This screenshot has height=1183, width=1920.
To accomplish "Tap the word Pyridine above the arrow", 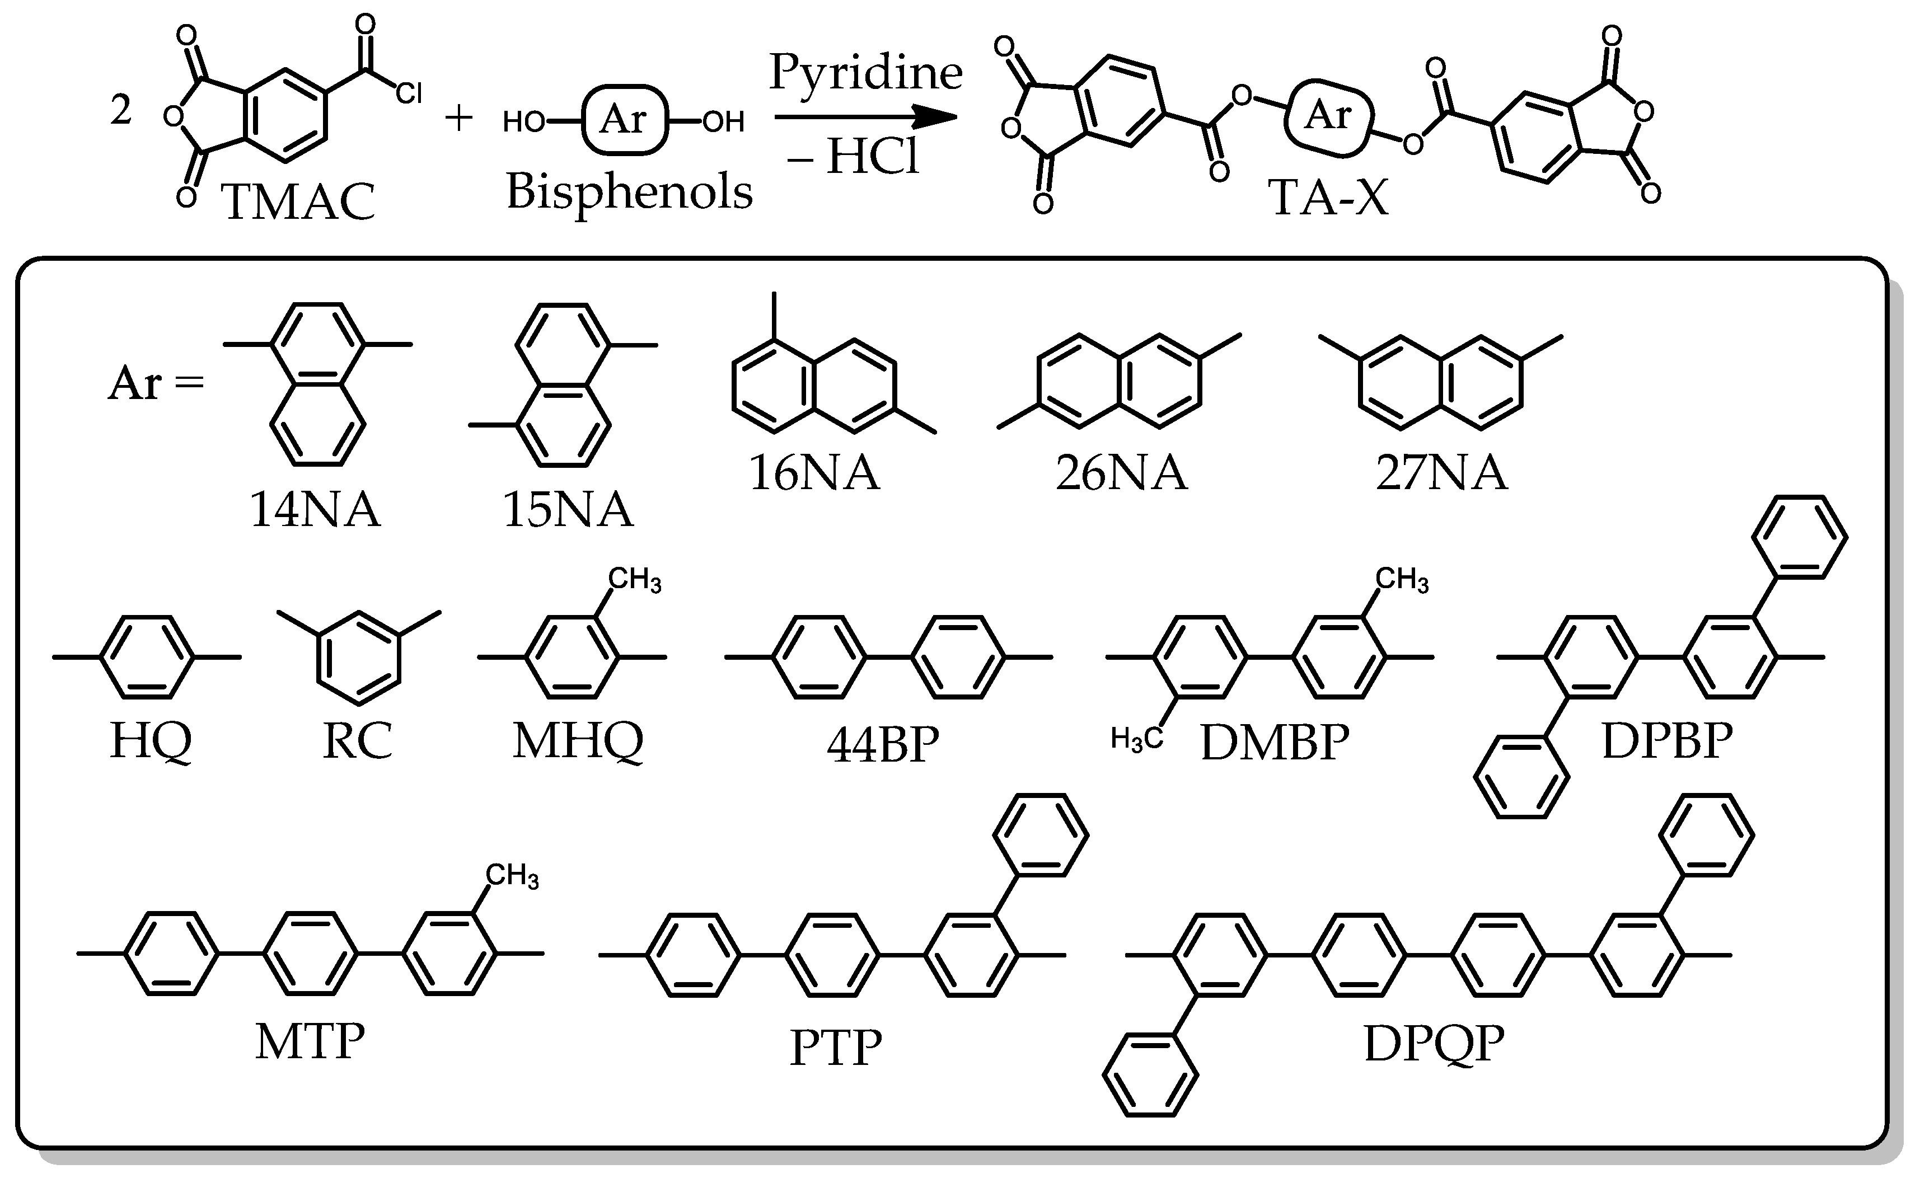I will (x=865, y=73).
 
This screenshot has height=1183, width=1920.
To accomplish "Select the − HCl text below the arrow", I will (x=854, y=157).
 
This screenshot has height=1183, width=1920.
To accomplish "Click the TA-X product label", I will (x=1328, y=196).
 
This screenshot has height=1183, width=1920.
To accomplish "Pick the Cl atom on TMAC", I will (x=409, y=95).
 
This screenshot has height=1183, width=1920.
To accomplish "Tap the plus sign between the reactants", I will (x=458, y=119).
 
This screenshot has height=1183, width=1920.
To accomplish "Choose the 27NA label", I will (x=1441, y=472).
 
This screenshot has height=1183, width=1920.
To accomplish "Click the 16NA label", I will (x=814, y=472).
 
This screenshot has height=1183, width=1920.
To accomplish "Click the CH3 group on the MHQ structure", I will (x=635, y=580).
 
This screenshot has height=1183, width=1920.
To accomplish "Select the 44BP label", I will (x=883, y=743).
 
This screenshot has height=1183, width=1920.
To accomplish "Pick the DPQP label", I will (x=1434, y=1043).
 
